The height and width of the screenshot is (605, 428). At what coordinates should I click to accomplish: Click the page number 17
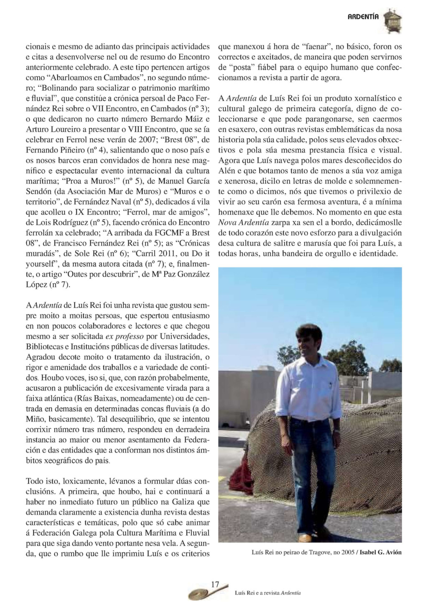[x=215, y=585]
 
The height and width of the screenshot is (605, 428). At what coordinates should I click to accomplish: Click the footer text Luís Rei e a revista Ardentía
[x=267, y=592]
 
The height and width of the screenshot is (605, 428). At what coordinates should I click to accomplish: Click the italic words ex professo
[x=124, y=336]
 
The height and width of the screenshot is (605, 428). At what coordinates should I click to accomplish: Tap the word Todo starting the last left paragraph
[x=34, y=481]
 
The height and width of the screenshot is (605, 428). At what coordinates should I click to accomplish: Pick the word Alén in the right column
[x=227, y=170]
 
